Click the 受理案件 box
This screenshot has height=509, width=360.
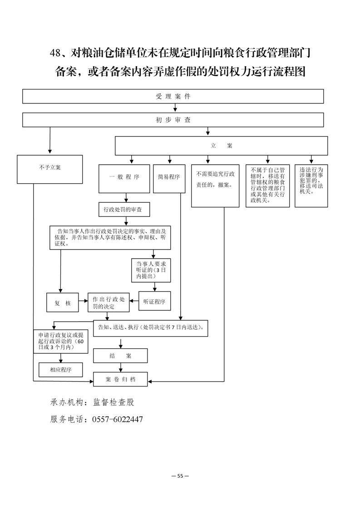coord(173,97)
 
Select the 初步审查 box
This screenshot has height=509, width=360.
coord(173,120)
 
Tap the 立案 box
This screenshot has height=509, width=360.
coord(221,146)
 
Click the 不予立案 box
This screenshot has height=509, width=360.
coord(50,169)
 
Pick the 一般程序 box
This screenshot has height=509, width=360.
coord(124,179)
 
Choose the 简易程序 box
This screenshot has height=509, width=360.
coord(169,179)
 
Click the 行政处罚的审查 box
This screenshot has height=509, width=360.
coord(124,210)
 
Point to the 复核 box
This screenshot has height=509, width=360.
coord(62,303)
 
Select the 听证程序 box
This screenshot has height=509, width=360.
coord(155,301)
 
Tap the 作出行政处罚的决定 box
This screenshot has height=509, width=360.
coord(108,303)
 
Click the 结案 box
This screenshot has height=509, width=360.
coord(120,356)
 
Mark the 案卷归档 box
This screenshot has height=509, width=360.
coord(120,379)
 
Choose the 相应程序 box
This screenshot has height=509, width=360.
coord(61,370)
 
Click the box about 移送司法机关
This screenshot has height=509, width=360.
coord(311,186)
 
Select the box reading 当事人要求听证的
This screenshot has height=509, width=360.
coord(151,270)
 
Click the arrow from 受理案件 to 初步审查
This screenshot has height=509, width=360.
coord(175,108)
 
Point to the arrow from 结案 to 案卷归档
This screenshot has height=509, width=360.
coord(121,367)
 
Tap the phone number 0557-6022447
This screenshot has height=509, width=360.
coord(118,420)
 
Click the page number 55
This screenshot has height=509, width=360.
coord(180,476)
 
